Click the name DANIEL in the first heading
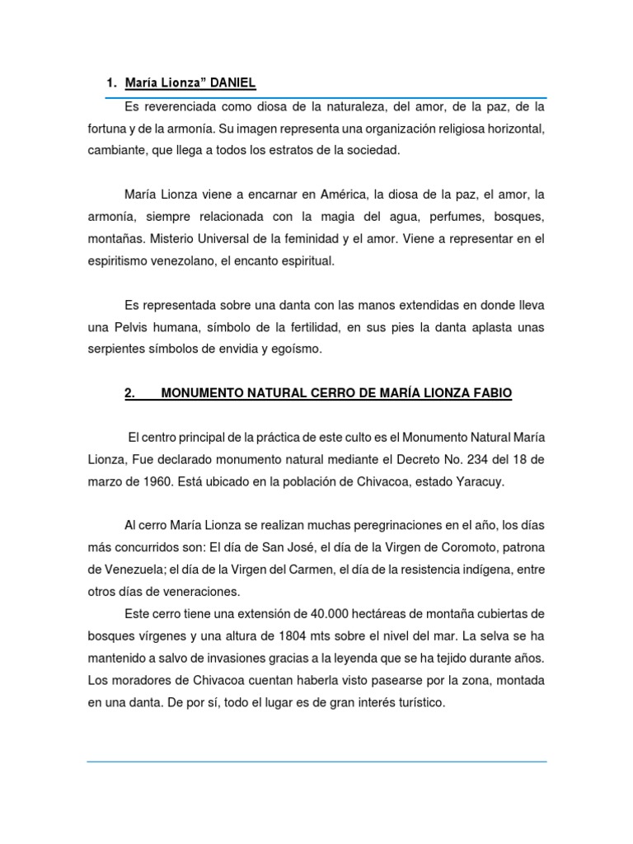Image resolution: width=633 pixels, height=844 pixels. (233, 82)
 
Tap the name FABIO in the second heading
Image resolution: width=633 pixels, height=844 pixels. (489, 393)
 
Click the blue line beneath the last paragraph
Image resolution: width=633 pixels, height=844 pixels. (316, 762)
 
